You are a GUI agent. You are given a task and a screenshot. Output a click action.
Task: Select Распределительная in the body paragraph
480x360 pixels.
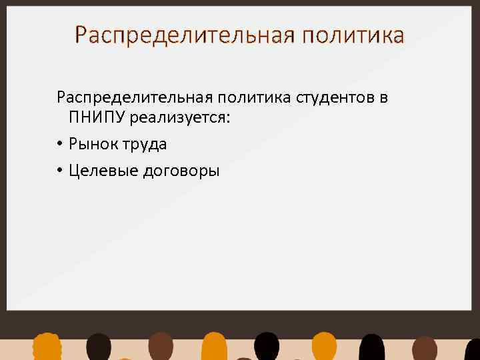tap(132, 99)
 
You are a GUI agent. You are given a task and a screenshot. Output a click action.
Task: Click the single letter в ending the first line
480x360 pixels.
tap(383, 99)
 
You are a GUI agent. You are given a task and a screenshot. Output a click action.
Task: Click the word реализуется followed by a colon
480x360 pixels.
tap(183, 119)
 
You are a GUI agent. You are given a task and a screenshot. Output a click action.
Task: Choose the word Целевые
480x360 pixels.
tap(99, 171)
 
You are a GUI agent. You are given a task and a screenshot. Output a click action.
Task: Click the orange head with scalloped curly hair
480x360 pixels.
tap(47, 347)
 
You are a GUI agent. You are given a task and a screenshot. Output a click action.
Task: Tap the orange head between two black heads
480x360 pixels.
tap(324, 347)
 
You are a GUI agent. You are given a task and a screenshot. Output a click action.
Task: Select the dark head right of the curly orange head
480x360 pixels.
tap(99, 347)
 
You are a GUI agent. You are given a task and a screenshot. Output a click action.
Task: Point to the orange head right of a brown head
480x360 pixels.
tap(215, 347)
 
